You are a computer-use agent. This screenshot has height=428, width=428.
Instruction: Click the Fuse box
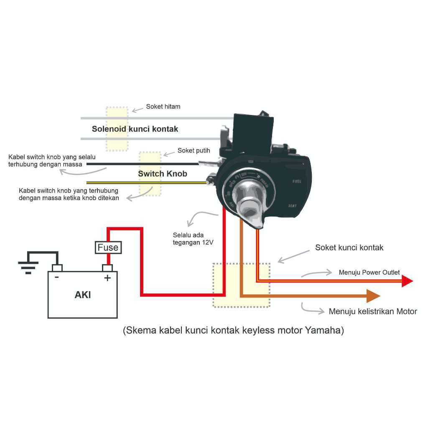click(108, 247)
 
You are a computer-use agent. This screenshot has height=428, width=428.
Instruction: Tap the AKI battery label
click(83, 295)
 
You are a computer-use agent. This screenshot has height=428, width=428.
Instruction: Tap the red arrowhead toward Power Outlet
click(407, 281)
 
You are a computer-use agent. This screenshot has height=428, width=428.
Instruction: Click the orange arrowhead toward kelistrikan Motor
click(373, 296)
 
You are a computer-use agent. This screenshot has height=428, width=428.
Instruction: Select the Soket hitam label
click(163, 107)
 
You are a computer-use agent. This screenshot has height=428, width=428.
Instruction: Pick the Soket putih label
click(194, 150)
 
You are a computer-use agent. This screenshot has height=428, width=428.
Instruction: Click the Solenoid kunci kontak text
click(135, 129)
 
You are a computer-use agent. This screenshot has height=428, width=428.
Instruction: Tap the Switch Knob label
click(163, 173)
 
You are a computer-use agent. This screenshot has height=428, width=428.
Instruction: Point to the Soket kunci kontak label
click(349, 247)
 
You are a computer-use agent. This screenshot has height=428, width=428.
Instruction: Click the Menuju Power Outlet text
click(369, 273)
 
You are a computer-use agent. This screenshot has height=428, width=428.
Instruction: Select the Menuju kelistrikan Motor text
click(373, 311)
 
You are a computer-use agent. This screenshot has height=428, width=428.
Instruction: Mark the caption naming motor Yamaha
click(233, 331)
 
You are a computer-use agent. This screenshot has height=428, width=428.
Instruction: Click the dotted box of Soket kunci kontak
click(241, 285)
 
